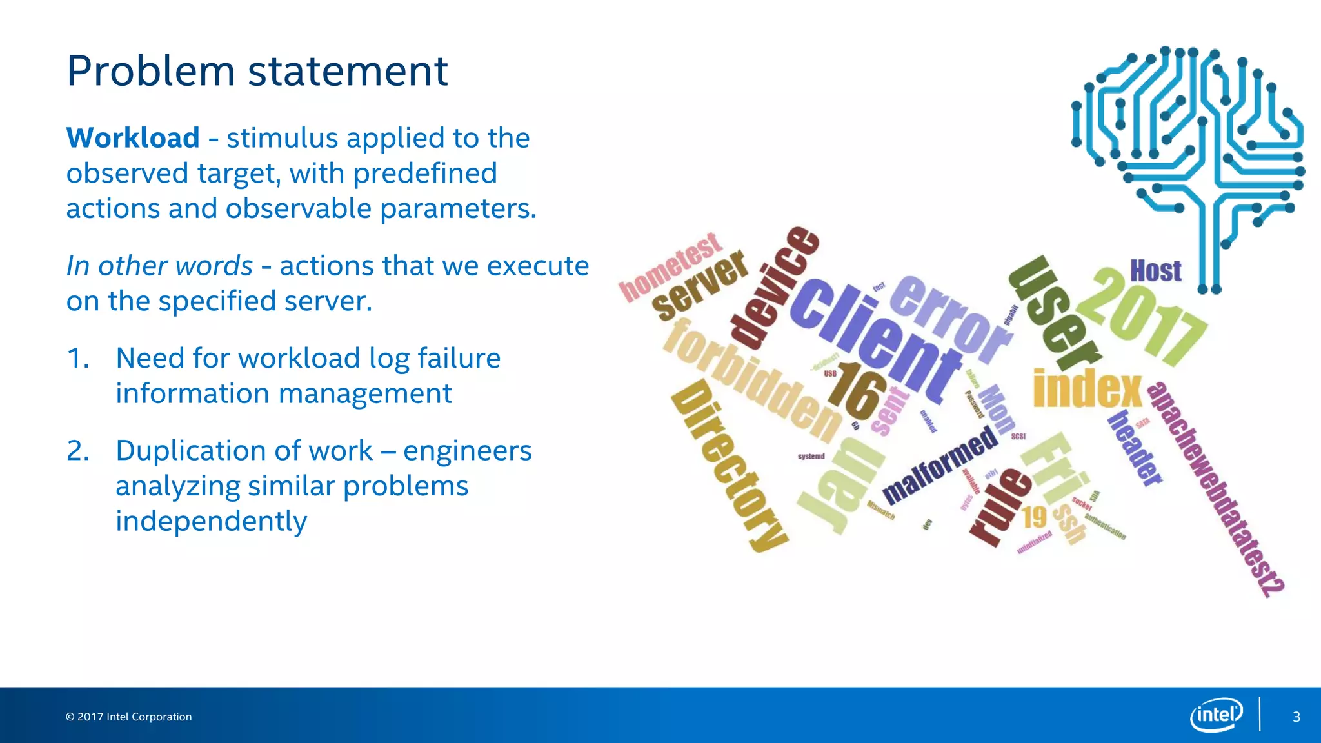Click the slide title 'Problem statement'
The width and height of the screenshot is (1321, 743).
257,71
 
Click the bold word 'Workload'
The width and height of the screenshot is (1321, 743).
133,138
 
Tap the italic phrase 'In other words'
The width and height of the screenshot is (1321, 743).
159,266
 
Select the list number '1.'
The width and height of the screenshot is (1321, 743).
78,359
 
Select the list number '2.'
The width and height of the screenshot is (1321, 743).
78,451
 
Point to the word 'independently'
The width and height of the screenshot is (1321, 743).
211,521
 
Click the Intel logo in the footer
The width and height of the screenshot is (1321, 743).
1216,715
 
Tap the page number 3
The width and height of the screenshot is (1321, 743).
1296,717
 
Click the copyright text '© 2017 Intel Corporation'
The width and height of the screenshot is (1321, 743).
128,717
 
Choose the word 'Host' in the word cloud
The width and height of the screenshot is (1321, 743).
1155,271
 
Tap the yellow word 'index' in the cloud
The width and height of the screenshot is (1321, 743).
1087,390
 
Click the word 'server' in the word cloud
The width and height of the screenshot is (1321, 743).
700,286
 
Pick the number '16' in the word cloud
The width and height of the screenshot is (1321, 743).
857,390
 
